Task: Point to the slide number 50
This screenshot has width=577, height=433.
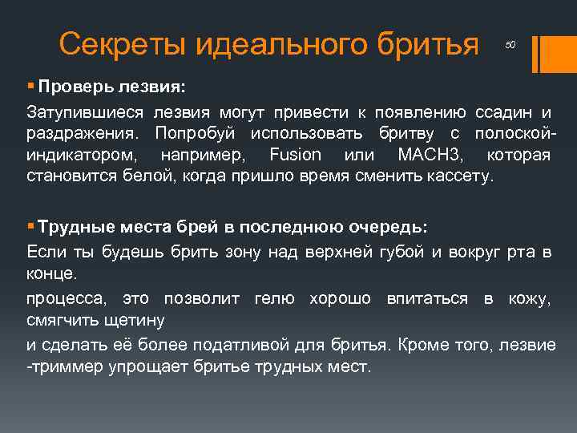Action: coord(510,46)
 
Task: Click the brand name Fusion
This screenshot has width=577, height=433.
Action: coord(296,155)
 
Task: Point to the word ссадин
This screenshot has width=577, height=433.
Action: coord(502,110)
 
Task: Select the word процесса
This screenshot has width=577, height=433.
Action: coord(68,299)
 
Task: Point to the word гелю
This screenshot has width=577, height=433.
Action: coord(274,299)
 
